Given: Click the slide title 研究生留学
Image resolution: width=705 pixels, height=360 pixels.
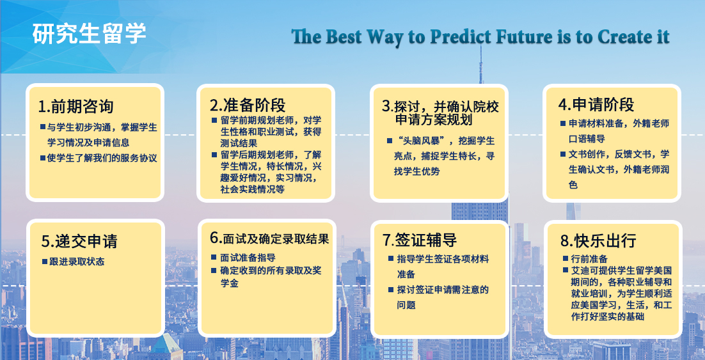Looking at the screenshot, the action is [90, 33].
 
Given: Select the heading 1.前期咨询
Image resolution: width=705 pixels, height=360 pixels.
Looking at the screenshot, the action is [75, 107].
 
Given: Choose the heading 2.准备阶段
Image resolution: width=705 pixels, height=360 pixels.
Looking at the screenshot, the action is [248, 105].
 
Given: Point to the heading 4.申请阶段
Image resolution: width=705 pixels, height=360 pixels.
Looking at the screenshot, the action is [596, 104].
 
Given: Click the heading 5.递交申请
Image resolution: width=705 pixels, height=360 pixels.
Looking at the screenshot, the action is [79, 241].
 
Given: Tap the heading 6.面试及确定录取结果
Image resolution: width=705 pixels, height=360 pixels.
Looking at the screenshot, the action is [269, 239].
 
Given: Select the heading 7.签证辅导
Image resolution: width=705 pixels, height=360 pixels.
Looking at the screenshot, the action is [420, 240].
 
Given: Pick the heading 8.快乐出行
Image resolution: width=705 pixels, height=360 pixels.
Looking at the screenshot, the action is [598, 241].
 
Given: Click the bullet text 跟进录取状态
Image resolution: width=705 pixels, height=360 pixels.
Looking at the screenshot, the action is [76, 262].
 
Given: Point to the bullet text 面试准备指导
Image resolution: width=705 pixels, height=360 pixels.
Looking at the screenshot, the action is [248, 258].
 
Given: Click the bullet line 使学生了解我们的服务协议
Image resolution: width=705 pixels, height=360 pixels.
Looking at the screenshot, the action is [102, 158].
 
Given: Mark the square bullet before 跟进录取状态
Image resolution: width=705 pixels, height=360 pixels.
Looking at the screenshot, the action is [45, 262].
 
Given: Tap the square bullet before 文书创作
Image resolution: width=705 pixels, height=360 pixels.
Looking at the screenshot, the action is [563, 154].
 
